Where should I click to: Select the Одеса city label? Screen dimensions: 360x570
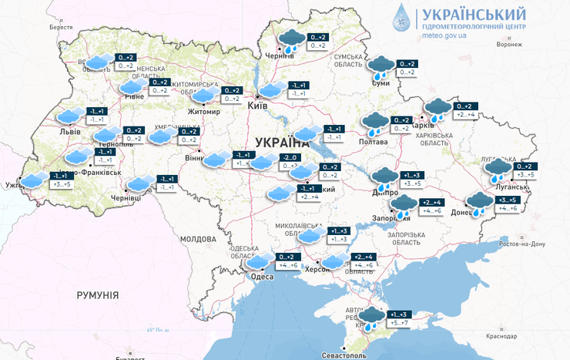(x=263, y=277)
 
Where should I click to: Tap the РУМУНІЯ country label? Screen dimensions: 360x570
(x=97, y=295)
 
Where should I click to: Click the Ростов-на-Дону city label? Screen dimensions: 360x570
(x=523, y=244)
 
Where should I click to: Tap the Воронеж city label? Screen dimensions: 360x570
(x=510, y=44)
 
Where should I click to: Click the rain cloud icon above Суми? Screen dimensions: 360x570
(x=381, y=66)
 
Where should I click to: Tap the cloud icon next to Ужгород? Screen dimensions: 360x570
(x=34, y=180)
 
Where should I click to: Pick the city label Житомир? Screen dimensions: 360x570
(x=204, y=112)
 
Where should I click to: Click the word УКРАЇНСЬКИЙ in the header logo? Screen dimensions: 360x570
(x=474, y=14)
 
